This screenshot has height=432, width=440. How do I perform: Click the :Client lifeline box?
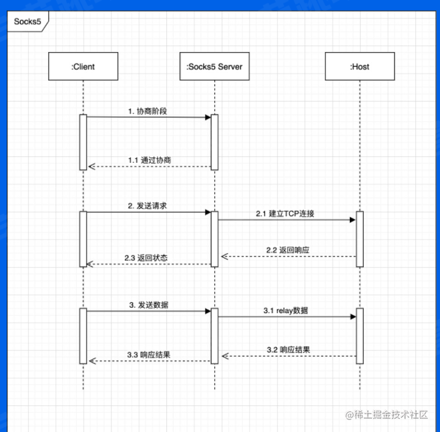(83, 67)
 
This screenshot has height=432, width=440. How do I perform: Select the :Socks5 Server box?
(214, 67)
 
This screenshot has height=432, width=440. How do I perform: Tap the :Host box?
(359, 67)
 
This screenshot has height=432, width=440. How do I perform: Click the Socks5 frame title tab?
(27, 21)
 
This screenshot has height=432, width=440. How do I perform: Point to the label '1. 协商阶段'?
(148, 112)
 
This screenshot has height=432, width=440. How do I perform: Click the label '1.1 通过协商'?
(151, 160)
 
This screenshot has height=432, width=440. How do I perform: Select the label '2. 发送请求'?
(148, 206)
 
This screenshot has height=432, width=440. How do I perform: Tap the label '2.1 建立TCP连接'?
(284, 214)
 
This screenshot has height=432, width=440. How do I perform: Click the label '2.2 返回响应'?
(288, 250)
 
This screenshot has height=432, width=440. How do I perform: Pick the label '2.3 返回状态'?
(146, 258)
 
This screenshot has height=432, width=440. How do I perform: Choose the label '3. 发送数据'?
(148, 304)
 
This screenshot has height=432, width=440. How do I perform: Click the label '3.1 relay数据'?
(285, 311)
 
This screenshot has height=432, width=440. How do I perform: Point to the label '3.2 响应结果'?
(288, 349)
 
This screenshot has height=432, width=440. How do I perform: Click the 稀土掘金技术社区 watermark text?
(391, 415)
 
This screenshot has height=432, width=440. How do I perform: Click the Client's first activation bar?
(83, 142)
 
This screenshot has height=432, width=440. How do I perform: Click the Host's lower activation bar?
(359, 336)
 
